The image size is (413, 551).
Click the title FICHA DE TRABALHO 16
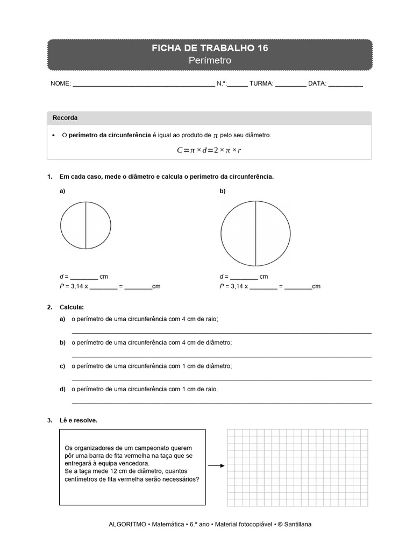210,48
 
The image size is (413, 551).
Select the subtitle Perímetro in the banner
210,61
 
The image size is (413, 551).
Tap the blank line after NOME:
143,84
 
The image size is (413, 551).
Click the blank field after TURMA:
290,84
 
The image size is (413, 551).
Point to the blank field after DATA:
345,84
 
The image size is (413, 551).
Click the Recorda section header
65,118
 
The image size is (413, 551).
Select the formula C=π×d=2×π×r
209,150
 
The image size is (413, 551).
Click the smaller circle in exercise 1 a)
86,223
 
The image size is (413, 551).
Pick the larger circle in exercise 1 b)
255,234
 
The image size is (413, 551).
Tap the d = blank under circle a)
84,277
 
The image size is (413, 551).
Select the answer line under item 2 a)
221,333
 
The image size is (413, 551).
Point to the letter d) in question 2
62,389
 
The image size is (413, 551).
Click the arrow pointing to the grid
216,466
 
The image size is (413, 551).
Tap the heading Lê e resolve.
79,420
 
